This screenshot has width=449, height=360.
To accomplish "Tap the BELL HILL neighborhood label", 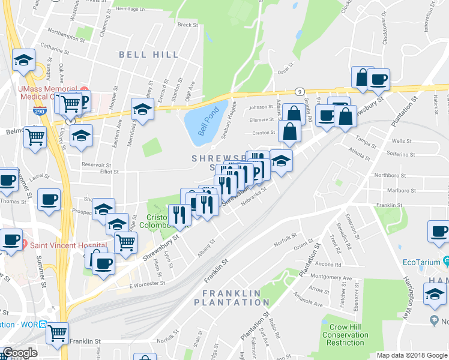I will point(149,55).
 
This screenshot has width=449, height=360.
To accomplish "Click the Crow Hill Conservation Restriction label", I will point(345,335).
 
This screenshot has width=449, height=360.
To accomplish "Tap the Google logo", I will point(19,353).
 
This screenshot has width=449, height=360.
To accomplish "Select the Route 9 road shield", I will point(300,91).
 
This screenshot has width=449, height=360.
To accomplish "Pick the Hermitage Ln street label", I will point(130,9).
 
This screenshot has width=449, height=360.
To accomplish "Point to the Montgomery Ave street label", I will point(334,278).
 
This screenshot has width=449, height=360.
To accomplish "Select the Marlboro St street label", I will point(387,191).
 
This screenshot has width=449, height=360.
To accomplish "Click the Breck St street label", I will point(187,25).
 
